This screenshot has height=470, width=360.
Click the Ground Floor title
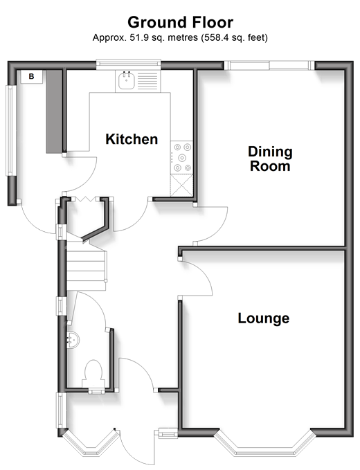(180, 22)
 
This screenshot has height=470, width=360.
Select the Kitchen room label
(132, 139)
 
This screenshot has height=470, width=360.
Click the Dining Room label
(270, 159)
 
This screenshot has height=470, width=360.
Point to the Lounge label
(264, 318)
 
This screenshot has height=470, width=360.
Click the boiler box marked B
(31, 77)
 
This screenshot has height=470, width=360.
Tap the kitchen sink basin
(126, 80)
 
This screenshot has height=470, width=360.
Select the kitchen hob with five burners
(181, 157)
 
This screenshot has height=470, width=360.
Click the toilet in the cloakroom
(93, 374)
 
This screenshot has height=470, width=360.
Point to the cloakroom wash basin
(72, 340)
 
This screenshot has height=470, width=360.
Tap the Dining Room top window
(269, 65)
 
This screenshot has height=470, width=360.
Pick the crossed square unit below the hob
(181, 186)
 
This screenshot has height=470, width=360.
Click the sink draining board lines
(147, 80)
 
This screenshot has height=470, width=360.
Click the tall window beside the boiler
(10, 130)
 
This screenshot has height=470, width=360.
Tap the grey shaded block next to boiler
(54, 111)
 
